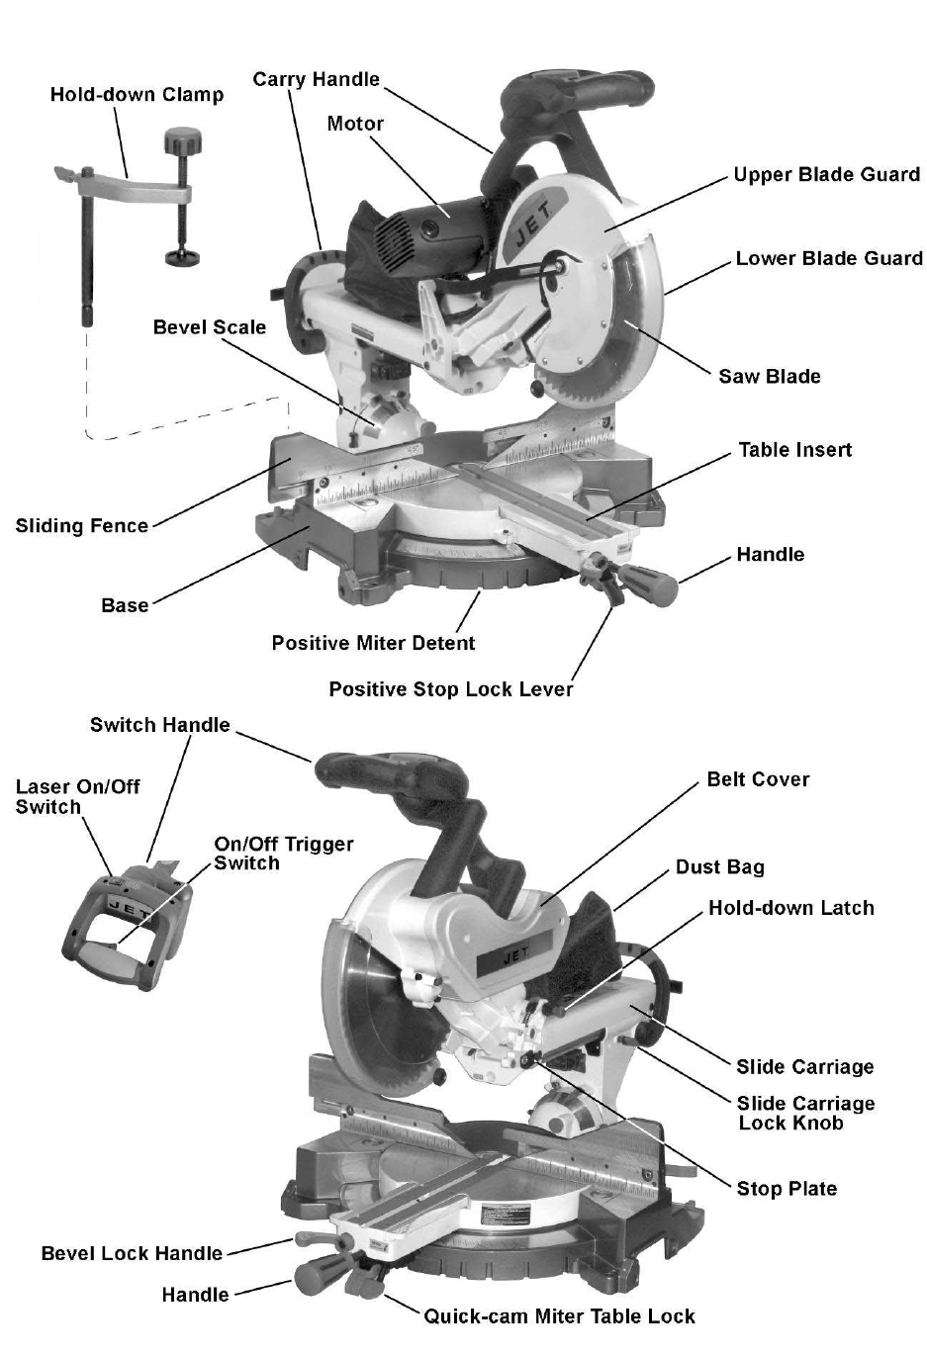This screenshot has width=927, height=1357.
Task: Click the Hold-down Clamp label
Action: [137, 95]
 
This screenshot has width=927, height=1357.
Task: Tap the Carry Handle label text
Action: [316, 79]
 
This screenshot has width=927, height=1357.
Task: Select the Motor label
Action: [355, 124]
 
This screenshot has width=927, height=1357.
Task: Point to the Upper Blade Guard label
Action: [826, 175]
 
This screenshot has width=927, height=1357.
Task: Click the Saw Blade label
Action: [769, 376]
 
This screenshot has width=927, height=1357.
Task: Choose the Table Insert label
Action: [794, 450]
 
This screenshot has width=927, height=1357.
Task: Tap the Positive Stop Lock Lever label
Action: [450, 689]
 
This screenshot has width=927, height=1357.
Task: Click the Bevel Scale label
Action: [209, 327]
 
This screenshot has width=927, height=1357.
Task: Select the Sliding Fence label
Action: [81, 526]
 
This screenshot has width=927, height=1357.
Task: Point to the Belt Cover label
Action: [758, 779]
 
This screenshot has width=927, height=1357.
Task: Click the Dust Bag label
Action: [719, 867]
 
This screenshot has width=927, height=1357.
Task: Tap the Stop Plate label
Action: [787, 1189]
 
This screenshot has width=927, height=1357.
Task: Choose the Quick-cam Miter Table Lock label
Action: [559, 1316]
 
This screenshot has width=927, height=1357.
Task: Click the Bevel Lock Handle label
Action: [132, 1253]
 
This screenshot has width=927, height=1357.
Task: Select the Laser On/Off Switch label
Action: [77, 796]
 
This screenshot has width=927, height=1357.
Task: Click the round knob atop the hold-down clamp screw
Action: [183, 137]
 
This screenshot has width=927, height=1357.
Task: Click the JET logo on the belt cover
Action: [516, 955]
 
